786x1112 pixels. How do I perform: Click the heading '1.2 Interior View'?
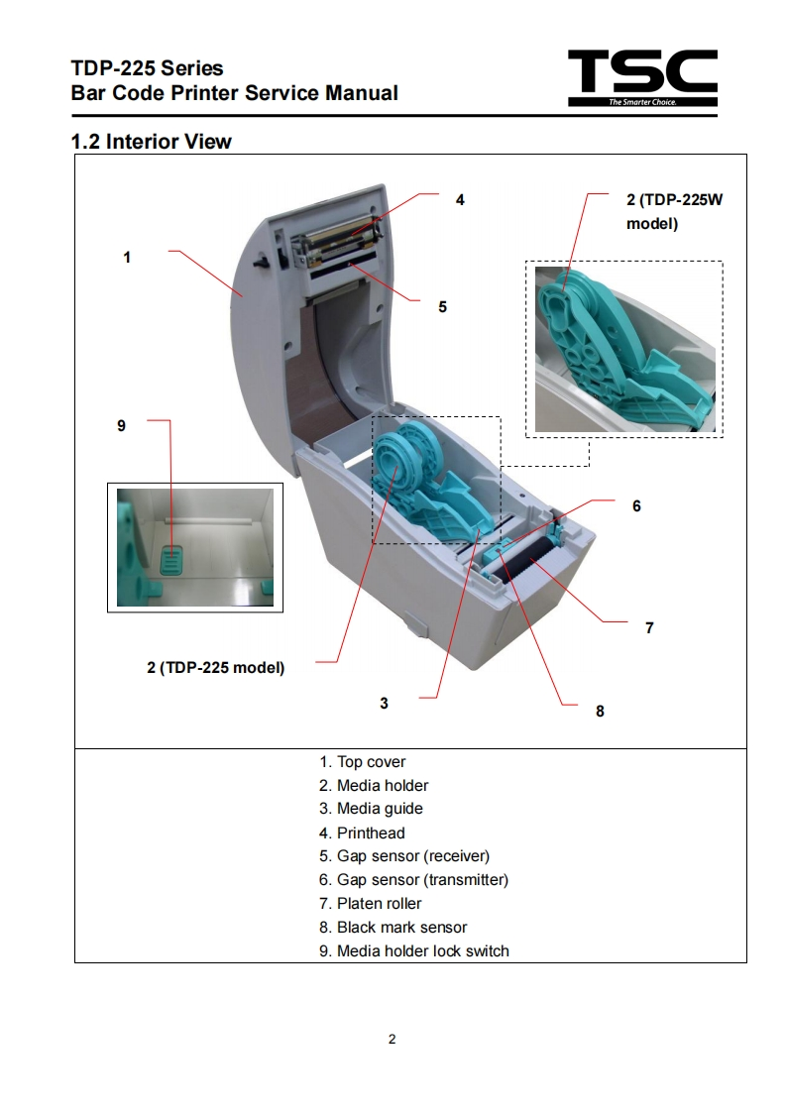(151, 142)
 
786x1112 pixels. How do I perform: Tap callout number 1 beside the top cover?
(127, 257)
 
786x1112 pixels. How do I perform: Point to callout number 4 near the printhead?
(460, 199)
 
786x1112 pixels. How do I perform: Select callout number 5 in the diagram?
(442, 307)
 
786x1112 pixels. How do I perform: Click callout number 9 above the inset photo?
(122, 425)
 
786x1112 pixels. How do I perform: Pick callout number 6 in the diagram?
(636, 506)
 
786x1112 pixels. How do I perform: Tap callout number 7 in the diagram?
(649, 627)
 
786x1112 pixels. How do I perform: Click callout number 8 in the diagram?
(600, 711)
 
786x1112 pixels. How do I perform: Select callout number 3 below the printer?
(384, 704)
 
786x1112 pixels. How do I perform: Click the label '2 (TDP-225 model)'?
(216, 668)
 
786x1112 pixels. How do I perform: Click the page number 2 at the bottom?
(393, 1040)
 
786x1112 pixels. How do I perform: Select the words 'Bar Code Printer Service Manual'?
(235, 93)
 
